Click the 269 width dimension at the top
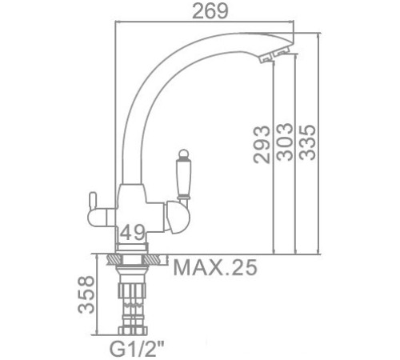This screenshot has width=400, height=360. (210, 11)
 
